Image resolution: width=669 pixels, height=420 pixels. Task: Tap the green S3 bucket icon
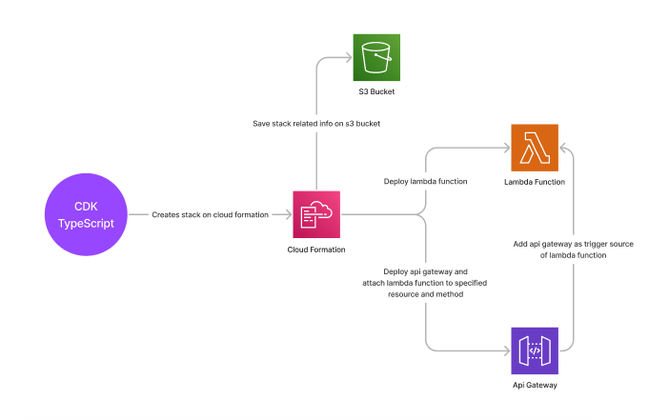(377, 57)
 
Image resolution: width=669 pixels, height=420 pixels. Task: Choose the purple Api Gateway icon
(535, 350)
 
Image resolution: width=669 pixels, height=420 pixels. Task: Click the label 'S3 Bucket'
(377, 92)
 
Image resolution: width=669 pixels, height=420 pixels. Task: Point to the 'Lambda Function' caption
(535, 181)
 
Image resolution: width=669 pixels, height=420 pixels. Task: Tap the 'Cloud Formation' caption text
(316, 250)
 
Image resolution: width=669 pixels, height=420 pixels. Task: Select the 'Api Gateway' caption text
(535, 385)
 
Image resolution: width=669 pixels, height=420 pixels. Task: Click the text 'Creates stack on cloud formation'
(210, 215)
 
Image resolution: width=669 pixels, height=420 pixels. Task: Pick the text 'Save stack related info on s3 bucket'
(316, 125)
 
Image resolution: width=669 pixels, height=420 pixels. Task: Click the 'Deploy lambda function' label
(425, 180)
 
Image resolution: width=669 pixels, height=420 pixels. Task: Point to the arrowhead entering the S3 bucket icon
(349, 57)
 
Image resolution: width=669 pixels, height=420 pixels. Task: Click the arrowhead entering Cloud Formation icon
(288, 215)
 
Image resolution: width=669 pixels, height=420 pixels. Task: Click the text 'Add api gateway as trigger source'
(574, 244)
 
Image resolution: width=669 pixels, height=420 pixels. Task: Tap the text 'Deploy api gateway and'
(426, 270)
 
